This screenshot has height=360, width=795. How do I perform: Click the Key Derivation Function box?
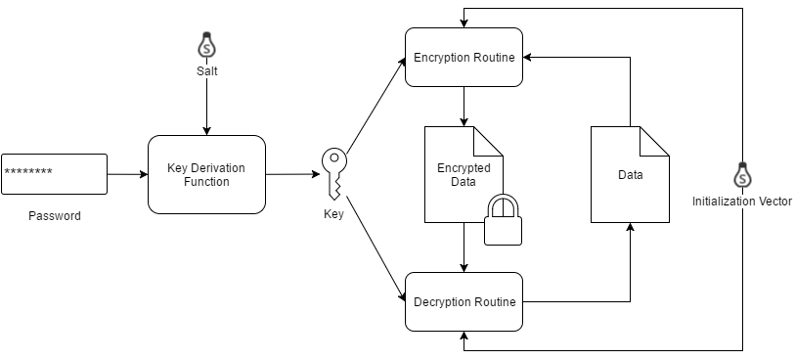click(x=206, y=174)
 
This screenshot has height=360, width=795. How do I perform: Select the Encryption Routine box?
click(x=464, y=57)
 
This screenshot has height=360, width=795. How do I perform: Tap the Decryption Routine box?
click(x=464, y=301)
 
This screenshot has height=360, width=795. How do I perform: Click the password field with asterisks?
click(x=54, y=174)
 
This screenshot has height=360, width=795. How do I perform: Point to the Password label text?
click(x=55, y=216)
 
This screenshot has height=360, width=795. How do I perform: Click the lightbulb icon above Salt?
click(x=206, y=45)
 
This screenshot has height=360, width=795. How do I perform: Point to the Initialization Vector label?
click(x=742, y=202)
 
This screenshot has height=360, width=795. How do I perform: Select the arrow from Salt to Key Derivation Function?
click(x=206, y=108)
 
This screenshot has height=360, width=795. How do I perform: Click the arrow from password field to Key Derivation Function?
click(x=125, y=174)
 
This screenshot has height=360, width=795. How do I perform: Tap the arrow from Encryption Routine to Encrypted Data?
click(x=464, y=106)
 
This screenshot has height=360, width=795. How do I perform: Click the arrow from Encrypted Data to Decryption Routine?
click(x=464, y=248)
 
